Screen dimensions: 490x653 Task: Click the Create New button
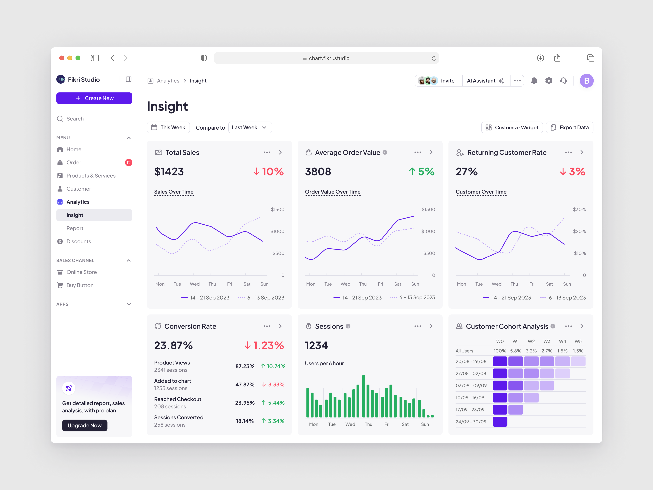[x=94, y=98]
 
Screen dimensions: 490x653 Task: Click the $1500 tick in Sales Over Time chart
[x=278, y=209]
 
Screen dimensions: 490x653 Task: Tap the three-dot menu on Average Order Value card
[x=417, y=152]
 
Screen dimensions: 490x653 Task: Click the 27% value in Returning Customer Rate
[x=466, y=172]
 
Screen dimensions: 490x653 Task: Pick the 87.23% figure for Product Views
[x=245, y=366]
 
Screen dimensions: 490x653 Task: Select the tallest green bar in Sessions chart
[x=364, y=396]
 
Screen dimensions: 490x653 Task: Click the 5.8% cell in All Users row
[x=515, y=351]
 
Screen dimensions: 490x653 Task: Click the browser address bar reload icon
[x=434, y=58]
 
